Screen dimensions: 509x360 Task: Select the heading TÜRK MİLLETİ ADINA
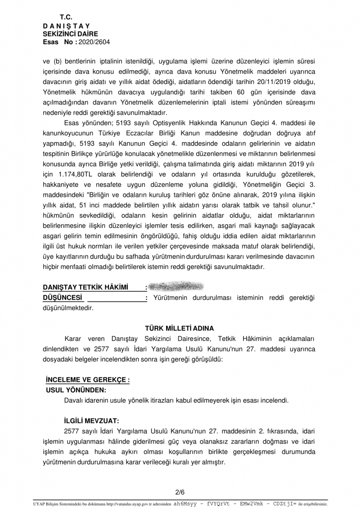point(180,329)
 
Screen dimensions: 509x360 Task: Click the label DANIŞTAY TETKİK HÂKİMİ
point(86,287)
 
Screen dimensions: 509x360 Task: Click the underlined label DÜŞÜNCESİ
point(63,297)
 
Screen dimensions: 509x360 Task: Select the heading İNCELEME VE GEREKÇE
point(87,380)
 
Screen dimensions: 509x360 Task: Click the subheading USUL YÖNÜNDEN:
point(76,390)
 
